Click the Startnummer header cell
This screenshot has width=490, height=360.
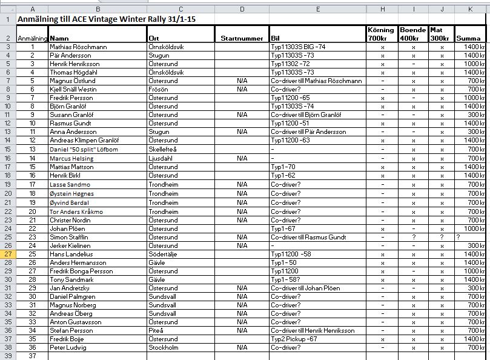[x=242, y=38]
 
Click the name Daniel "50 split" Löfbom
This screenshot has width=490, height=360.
[x=84, y=149]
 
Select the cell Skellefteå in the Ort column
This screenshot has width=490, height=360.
[x=164, y=149]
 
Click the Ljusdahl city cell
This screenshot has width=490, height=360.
[x=161, y=158]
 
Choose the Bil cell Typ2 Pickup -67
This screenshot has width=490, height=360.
[x=294, y=339]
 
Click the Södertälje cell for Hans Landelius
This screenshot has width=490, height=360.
[x=164, y=253]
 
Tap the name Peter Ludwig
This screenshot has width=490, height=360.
[x=68, y=348]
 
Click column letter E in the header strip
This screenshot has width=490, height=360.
[x=317, y=9]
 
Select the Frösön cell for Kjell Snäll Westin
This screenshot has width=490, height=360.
[x=159, y=89]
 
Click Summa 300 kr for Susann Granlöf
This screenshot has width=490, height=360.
[x=474, y=115]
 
